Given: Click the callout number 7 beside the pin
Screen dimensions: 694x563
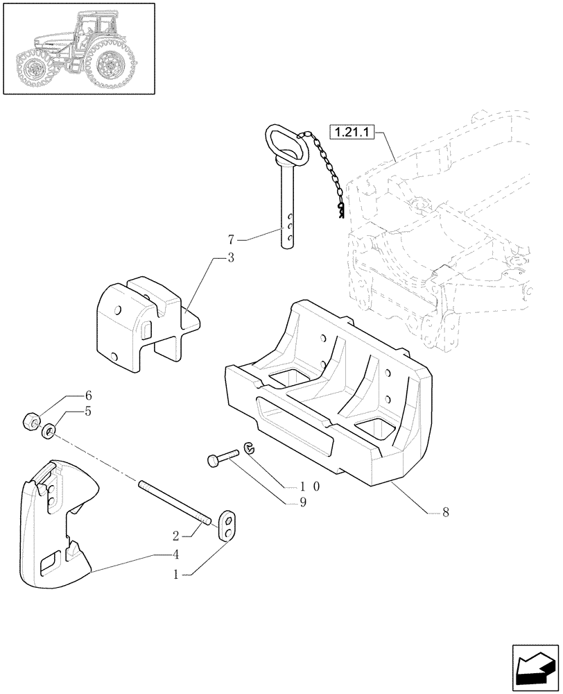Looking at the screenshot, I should [x=231, y=241].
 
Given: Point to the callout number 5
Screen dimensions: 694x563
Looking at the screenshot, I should [x=88, y=411].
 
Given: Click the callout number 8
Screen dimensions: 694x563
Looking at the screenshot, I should [x=445, y=513].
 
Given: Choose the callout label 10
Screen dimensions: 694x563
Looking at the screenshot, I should [x=309, y=486].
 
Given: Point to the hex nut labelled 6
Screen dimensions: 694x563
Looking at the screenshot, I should [x=31, y=421].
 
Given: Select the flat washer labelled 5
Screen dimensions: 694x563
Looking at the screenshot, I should [x=49, y=432].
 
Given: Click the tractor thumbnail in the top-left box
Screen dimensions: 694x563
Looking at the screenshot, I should [x=78, y=49].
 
